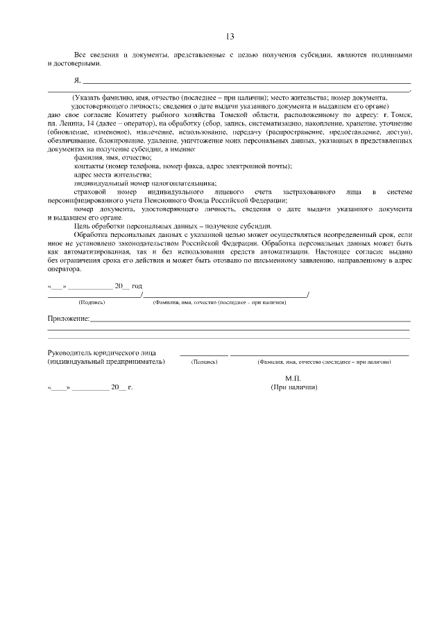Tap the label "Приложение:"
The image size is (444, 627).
[x=68, y=318]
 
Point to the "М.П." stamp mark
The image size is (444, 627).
[x=293, y=378]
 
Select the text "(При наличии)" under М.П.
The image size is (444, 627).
[x=294, y=387]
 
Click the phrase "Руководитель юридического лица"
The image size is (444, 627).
[x=101, y=353]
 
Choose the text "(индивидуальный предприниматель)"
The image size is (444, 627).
[x=106, y=362]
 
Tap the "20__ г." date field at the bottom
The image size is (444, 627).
[x=121, y=387]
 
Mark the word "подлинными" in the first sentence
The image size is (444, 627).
[x=390, y=54]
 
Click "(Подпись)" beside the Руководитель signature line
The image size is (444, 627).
[x=204, y=362]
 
